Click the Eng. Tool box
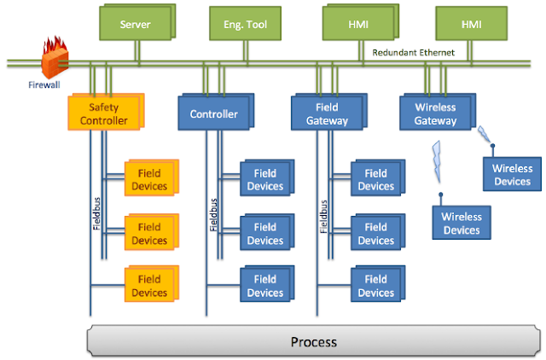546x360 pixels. point(246,25)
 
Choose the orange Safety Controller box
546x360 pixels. point(107,114)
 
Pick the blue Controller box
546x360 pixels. point(213,113)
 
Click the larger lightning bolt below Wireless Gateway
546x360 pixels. point(439,160)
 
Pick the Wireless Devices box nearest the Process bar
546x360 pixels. point(461,224)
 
